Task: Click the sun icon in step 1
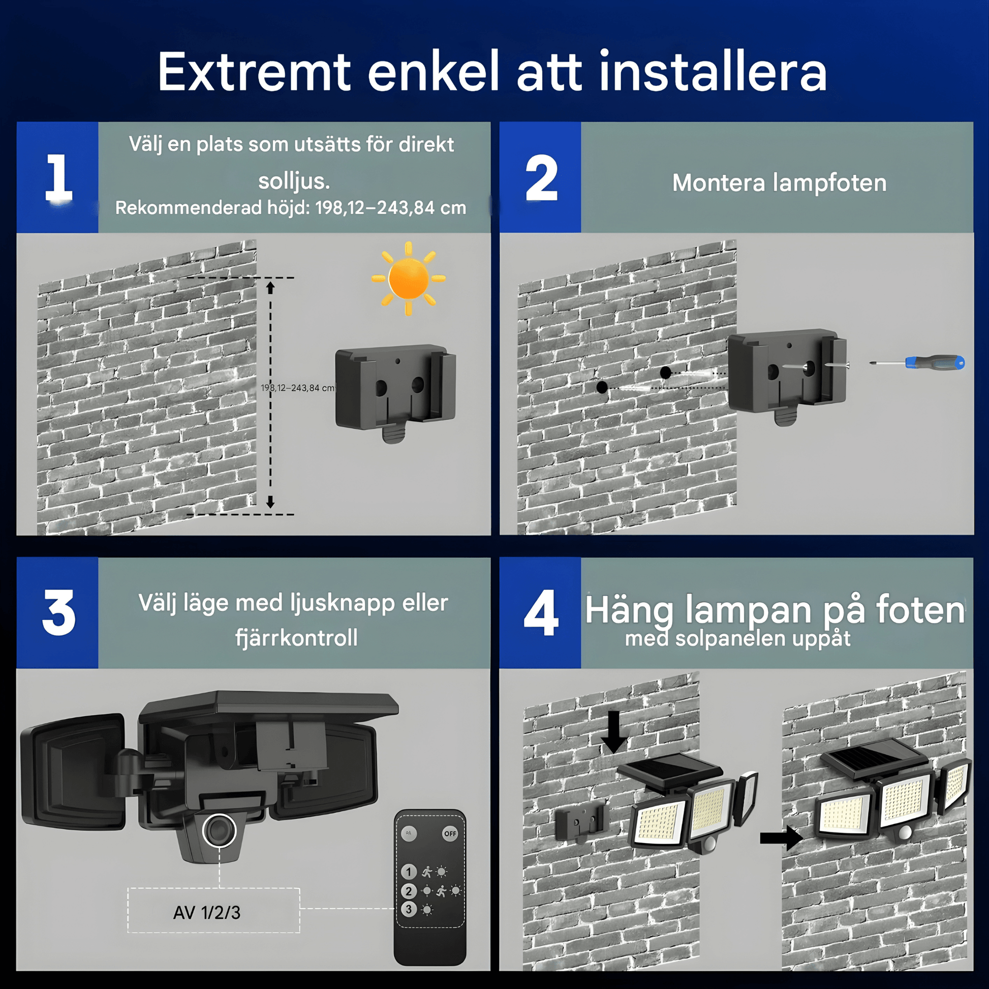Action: click(x=408, y=278)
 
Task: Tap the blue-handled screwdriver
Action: click(x=917, y=362)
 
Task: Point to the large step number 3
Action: click(x=58, y=612)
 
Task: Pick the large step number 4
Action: click(x=541, y=612)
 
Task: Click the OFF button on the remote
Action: click(x=450, y=833)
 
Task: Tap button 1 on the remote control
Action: click(x=409, y=871)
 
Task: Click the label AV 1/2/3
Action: click(x=207, y=912)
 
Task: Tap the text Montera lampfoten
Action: click(x=779, y=183)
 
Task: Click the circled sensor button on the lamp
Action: click(x=219, y=830)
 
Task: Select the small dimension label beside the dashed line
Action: click(x=297, y=387)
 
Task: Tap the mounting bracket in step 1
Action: click(x=395, y=392)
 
